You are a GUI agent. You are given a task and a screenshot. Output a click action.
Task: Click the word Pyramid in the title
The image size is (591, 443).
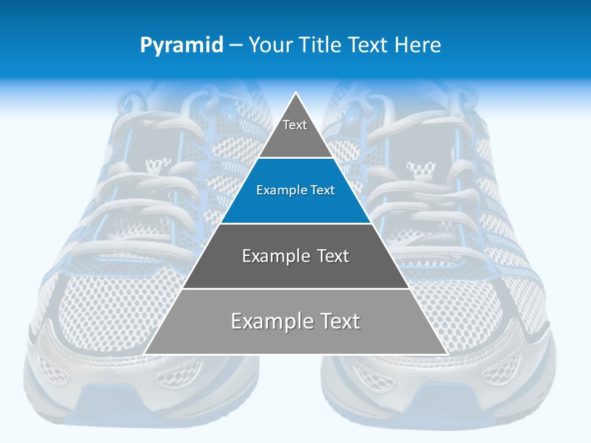pyautogui.click(x=182, y=45)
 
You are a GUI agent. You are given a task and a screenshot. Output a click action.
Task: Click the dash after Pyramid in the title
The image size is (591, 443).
pyautogui.click(x=236, y=46)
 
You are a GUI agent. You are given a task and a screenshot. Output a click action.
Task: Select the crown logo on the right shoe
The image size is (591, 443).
pyautogui.click(x=420, y=170)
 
